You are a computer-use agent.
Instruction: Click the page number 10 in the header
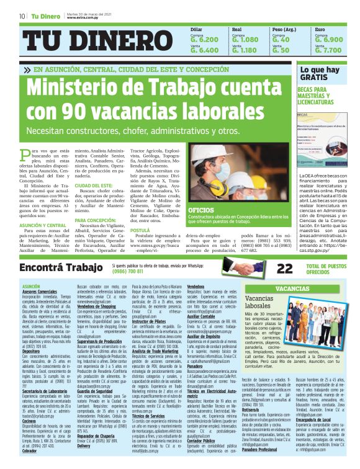[22, 16]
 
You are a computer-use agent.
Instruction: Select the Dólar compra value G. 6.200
[205, 39]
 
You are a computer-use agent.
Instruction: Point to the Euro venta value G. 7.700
[328, 50]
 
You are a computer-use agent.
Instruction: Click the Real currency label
[236, 29]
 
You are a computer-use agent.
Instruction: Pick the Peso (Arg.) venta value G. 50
[281, 50]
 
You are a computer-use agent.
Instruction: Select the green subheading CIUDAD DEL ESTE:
[94, 185]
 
